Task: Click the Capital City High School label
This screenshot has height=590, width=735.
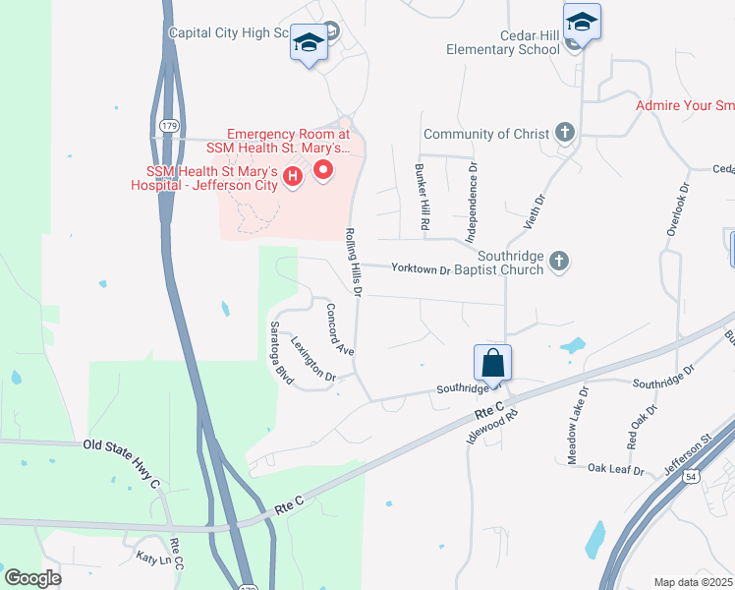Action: (x=228, y=32)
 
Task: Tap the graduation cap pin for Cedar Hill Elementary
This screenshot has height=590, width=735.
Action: (x=582, y=22)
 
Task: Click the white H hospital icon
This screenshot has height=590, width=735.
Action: (x=292, y=177)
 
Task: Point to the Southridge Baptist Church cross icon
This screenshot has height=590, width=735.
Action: (x=559, y=261)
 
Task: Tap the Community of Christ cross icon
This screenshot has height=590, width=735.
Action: (x=564, y=133)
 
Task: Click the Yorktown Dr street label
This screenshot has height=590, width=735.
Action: (x=420, y=268)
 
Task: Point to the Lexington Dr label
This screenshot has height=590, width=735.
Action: (x=313, y=359)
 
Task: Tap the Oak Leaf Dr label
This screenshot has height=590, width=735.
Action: (x=615, y=470)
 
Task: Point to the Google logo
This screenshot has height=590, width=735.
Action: (x=32, y=578)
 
